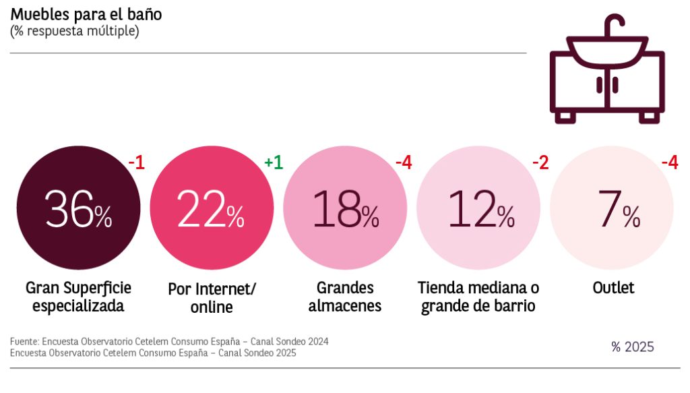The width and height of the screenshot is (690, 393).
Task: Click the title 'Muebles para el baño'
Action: point(86,14)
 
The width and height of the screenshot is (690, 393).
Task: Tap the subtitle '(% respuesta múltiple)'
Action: point(74,31)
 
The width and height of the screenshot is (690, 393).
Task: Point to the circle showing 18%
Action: point(345,208)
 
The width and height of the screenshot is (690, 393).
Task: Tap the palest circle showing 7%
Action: point(612,208)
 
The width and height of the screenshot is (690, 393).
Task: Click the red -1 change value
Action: point(136,163)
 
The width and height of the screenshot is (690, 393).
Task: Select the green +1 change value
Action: point(273,163)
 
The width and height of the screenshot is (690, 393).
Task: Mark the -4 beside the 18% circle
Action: point(403,163)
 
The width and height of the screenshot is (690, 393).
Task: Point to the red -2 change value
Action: point(541,163)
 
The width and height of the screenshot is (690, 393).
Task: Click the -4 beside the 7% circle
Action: point(669,163)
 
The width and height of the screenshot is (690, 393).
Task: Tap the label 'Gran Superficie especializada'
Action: point(78,297)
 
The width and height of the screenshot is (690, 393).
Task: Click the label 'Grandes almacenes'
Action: point(345,297)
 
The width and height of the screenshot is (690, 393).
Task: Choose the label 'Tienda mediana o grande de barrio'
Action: point(478,297)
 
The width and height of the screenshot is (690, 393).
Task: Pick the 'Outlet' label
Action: point(613,289)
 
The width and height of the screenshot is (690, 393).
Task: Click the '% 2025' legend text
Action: point(632,347)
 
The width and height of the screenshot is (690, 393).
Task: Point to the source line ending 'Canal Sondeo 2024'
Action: point(169,342)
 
